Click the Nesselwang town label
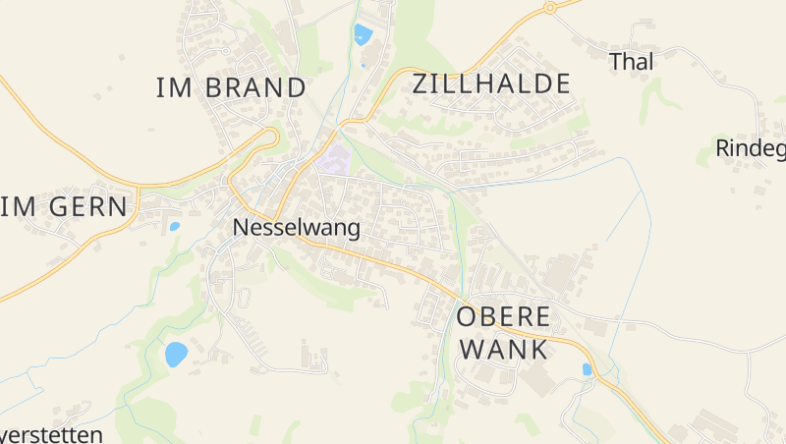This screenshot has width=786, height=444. tap(296, 228)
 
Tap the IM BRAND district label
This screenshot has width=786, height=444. tap(231, 87)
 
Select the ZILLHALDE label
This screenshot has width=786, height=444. tap(491, 83)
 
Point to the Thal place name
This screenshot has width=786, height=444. tap(631, 61)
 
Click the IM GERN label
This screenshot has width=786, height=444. tap(65, 207)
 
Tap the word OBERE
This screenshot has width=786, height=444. tap(503, 317)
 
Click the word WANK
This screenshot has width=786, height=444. tap(503, 349)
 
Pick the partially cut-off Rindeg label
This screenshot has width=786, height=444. tap(751, 148)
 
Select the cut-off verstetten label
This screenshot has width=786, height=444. tap(51, 434)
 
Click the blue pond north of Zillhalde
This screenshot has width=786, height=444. tap(364, 35)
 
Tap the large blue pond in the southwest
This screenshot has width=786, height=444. tap(176, 354)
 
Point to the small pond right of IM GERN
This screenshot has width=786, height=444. tap(175, 226)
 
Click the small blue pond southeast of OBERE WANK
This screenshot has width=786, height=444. tap(588, 369)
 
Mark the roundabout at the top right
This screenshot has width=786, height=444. tap(550, 7)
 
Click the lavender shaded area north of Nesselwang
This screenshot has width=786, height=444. tap(333, 160)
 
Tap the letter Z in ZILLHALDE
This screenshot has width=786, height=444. tap(421, 83)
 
